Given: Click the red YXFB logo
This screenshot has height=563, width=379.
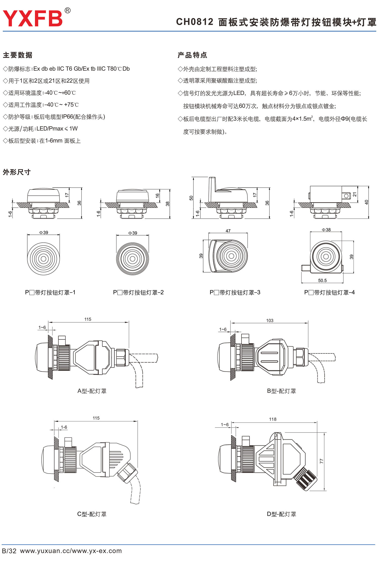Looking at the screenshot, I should (x=33, y=18).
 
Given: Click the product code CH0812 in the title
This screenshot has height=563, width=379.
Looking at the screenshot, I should (x=195, y=22).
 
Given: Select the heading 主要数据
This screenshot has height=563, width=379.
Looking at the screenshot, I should (x=17, y=55).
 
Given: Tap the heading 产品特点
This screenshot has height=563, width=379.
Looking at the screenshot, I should (x=192, y=55).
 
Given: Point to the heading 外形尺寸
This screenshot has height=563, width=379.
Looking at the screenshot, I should (x=17, y=172).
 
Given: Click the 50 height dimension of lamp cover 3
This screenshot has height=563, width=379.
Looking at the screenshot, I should (x=191, y=198).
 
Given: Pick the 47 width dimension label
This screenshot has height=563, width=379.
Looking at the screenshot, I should (x=228, y=231).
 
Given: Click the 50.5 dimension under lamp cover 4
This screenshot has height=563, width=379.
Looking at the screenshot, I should (x=322, y=280).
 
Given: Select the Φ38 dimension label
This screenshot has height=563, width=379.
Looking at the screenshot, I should (x=326, y=230).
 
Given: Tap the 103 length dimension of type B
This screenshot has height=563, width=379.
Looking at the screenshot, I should (x=270, y=321).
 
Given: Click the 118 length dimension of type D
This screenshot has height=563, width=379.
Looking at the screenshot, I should (x=273, y=419).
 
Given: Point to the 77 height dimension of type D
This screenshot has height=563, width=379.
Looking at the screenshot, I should (x=321, y=461).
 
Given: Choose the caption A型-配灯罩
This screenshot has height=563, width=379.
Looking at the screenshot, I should (x=92, y=391).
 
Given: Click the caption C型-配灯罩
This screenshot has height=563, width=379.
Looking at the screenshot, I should (x=92, y=514).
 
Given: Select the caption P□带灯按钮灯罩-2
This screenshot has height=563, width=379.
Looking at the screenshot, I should (x=138, y=292).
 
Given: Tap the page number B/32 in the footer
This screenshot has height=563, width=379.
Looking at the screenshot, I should (x=9, y=551).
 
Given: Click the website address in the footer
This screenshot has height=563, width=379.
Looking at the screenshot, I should (x=71, y=551).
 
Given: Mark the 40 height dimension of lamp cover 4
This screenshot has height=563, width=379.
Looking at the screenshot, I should (x=366, y=202).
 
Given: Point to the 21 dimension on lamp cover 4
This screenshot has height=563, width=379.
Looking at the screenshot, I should (x=354, y=194).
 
